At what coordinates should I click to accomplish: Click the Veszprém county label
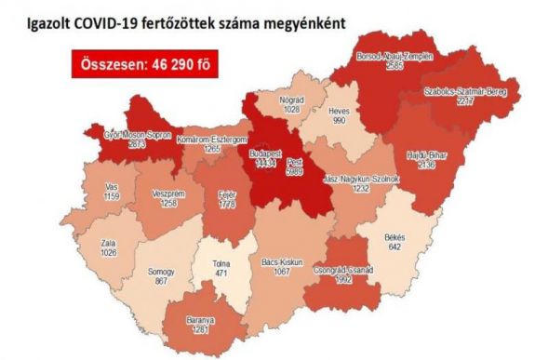(x=161, y=192)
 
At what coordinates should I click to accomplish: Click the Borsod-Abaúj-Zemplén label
(x=395, y=58)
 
